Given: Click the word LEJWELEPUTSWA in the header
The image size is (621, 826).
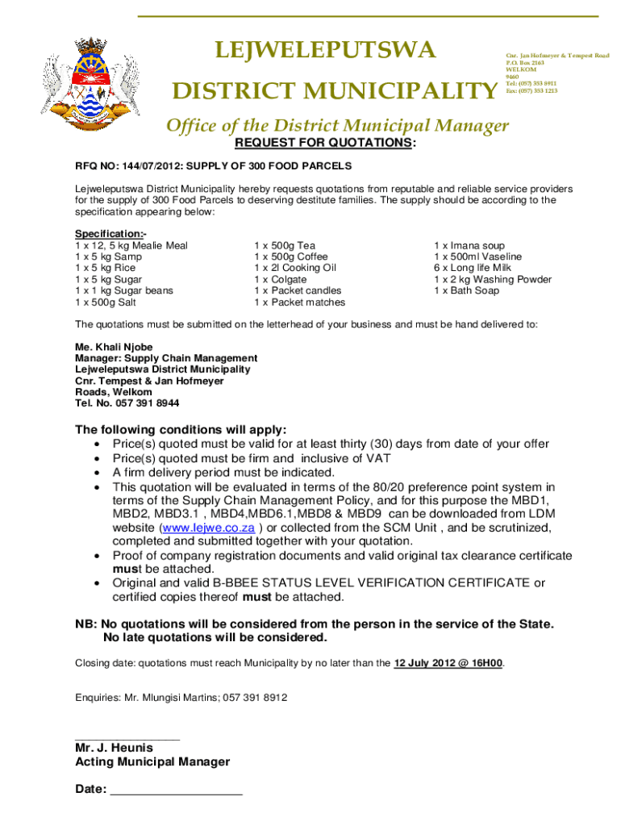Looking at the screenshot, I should [x=325, y=52].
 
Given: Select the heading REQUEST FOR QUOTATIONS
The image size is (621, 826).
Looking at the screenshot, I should [x=325, y=143].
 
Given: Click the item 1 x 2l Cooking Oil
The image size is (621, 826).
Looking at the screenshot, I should [x=294, y=268].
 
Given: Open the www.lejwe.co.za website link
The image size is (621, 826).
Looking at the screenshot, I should [x=209, y=528].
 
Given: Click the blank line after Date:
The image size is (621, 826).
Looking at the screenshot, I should [x=176, y=790].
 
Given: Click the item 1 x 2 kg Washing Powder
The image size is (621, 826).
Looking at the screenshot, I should [x=492, y=279].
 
